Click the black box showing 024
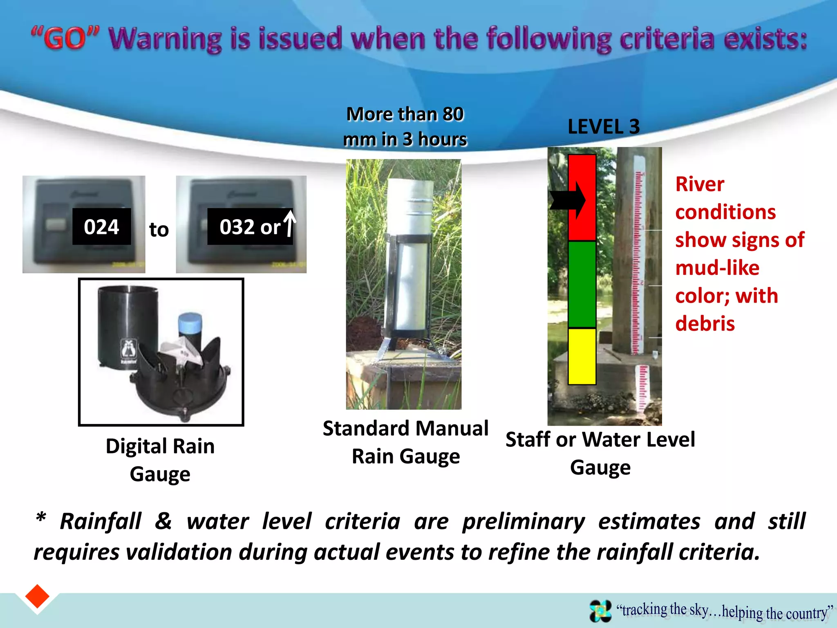[101, 227]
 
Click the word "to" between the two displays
[159, 229]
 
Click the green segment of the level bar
[582, 284]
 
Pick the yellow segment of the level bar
[582, 356]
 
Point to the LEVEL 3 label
[604, 127]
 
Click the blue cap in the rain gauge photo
[190, 323]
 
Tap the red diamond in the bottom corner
[37, 597]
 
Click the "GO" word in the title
[65, 38]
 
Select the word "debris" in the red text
[705, 324]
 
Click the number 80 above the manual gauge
[453, 114]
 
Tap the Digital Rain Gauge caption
[160, 460]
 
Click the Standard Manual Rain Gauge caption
[405, 442]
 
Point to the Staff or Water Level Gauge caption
[600, 453]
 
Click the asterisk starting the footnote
[41, 518]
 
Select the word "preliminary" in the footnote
[524, 522]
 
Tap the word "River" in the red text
[700, 184]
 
